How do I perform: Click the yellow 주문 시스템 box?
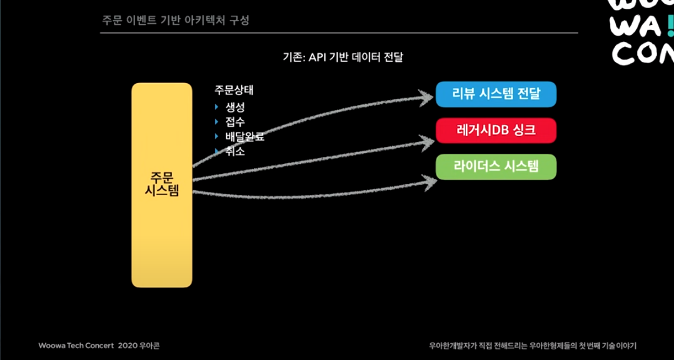coord(161,185)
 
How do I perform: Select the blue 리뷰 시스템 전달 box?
coord(496,94)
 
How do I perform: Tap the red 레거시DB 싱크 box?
coord(496,131)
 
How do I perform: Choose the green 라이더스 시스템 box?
coord(496,167)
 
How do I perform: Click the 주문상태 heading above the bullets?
coord(234,91)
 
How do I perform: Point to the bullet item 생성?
coord(235,107)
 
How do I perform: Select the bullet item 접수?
coord(235,122)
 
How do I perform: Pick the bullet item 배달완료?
coord(244,137)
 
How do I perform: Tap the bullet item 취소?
coord(235,151)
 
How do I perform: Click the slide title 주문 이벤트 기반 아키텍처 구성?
coord(176,21)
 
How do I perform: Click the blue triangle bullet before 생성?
coord(217,107)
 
